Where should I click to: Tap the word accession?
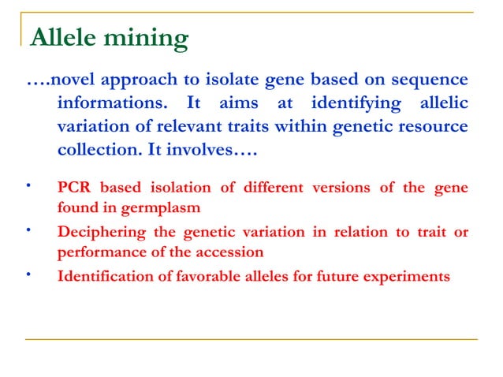(229, 253)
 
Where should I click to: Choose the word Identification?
(102, 277)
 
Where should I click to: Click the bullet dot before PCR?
(29, 187)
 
